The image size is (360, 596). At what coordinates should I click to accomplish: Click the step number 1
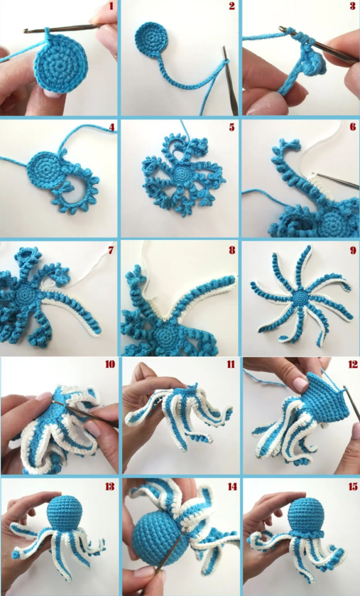111,6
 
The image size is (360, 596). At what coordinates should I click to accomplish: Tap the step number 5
231,127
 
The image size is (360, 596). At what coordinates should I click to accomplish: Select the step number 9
353,250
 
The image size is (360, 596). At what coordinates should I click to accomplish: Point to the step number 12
352,364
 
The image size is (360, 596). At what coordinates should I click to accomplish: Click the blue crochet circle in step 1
60,67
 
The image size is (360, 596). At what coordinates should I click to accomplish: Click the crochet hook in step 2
230,80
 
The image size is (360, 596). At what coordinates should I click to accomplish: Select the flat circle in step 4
46,169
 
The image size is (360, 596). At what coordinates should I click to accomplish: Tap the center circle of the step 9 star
300,296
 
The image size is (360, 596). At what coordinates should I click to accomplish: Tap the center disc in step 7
25,294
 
